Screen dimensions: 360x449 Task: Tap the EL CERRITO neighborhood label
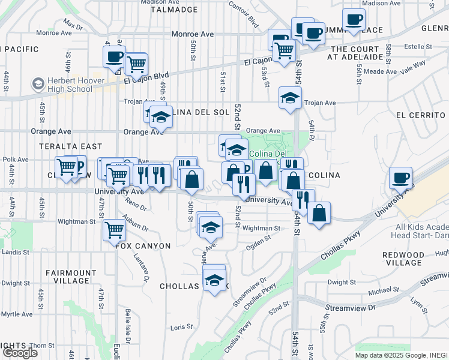[x=421, y=115]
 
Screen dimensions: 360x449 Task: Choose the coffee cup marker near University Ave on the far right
[x=400, y=178]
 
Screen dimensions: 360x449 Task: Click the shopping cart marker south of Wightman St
[x=114, y=229]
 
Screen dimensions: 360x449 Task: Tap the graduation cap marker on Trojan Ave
[x=291, y=98]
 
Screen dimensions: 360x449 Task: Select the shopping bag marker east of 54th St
[x=319, y=212]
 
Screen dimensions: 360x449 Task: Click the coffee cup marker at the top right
[x=355, y=19]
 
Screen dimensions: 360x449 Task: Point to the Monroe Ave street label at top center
[x=193, y=34]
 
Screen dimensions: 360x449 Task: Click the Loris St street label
[x=181, y=327]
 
